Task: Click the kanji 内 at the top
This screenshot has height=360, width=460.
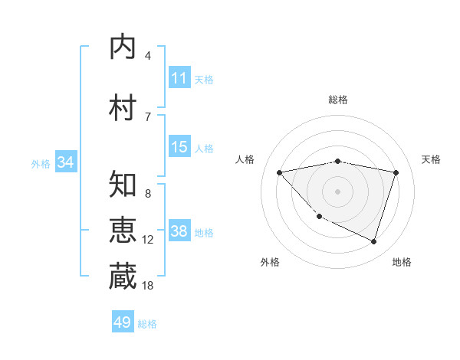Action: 123,47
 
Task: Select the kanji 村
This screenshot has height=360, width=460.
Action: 123,108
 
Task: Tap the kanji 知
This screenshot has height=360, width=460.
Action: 123,185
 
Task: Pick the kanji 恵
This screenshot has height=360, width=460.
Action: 123,231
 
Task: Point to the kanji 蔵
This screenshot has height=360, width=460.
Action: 123,277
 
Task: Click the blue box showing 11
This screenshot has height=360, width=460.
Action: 179,78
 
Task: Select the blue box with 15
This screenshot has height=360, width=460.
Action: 179,147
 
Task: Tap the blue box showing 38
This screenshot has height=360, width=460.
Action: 179,231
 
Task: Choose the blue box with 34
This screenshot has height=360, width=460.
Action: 65,162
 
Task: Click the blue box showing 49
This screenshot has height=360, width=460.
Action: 123,322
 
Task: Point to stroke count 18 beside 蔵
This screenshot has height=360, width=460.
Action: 148,286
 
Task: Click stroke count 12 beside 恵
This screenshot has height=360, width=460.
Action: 148,240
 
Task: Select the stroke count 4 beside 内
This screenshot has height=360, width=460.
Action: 148,55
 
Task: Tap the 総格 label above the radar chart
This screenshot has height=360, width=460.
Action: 338,100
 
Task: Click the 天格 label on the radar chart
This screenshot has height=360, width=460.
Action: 432,159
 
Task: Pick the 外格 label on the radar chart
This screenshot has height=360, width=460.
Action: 270,262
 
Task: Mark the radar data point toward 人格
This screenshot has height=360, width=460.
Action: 280,172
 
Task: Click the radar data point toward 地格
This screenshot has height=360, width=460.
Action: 373,241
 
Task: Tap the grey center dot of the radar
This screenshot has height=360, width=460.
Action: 338,191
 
